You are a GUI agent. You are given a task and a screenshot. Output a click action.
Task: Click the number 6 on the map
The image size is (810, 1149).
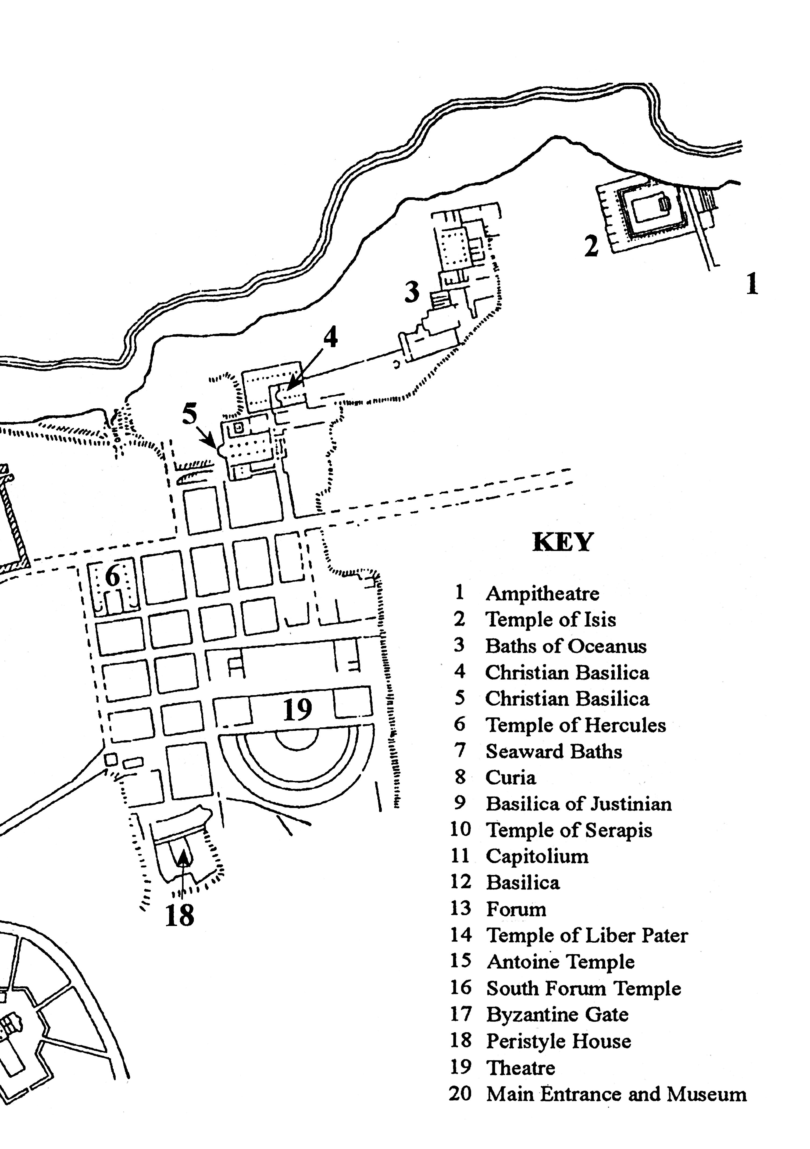pyautogui.click(x=113, y=576)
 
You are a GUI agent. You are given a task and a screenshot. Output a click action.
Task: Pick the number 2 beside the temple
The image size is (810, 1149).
pyautogui.click(x=591, y=246)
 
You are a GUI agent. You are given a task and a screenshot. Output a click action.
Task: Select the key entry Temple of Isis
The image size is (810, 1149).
pyautogui.click(x=551, y=620)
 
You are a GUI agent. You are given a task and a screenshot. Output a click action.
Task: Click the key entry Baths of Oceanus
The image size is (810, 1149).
pyautogui.click(x=566, y=646)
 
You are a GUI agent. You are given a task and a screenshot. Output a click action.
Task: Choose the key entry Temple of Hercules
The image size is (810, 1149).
pyautogui.click(x=576, y=725)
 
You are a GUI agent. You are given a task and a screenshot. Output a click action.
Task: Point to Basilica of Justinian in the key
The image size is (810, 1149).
pyautogui.click(x=578, y=804)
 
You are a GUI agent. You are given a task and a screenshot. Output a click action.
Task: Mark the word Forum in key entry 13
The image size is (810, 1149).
pyautogui.click(x=516, y=909)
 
